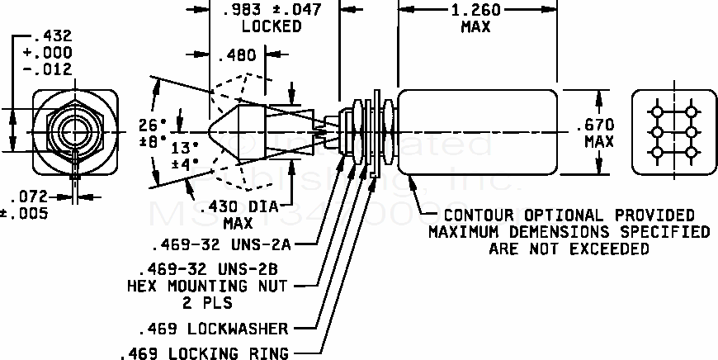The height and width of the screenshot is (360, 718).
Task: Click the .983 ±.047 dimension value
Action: pyautogui.click(x=272, y=10)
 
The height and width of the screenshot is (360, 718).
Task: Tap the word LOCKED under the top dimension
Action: pyautogui.click(x=272, y=26)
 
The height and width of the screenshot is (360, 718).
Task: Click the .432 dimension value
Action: pyautogui.click(x=52, y=36)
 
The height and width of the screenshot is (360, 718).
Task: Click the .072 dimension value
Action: pyautogui.click(x=29, y=197)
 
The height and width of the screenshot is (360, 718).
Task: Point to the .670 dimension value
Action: pyautogui.click(x=598, y=125)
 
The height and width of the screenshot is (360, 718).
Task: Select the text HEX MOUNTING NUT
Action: pyautogui.click(x=206, y=287)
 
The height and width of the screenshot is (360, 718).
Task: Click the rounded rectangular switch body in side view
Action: pyautogui.click(x=476, y=131)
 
